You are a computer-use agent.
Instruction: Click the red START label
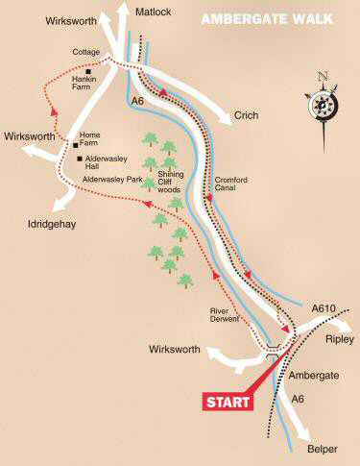[x=227, y=401]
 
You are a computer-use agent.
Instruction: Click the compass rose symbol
[x=322, y=100]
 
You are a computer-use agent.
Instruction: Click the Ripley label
[x=339, y=340]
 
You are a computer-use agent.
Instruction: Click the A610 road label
[x=324, y=309]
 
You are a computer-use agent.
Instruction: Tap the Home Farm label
[x=92, y=138]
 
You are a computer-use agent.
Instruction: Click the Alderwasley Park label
[x=113, y=179]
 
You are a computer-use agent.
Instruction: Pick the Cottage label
[x=85, y=53]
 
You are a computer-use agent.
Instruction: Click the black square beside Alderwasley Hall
[x=79, y=158]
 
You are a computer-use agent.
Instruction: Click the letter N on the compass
[x=323, y=76]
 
